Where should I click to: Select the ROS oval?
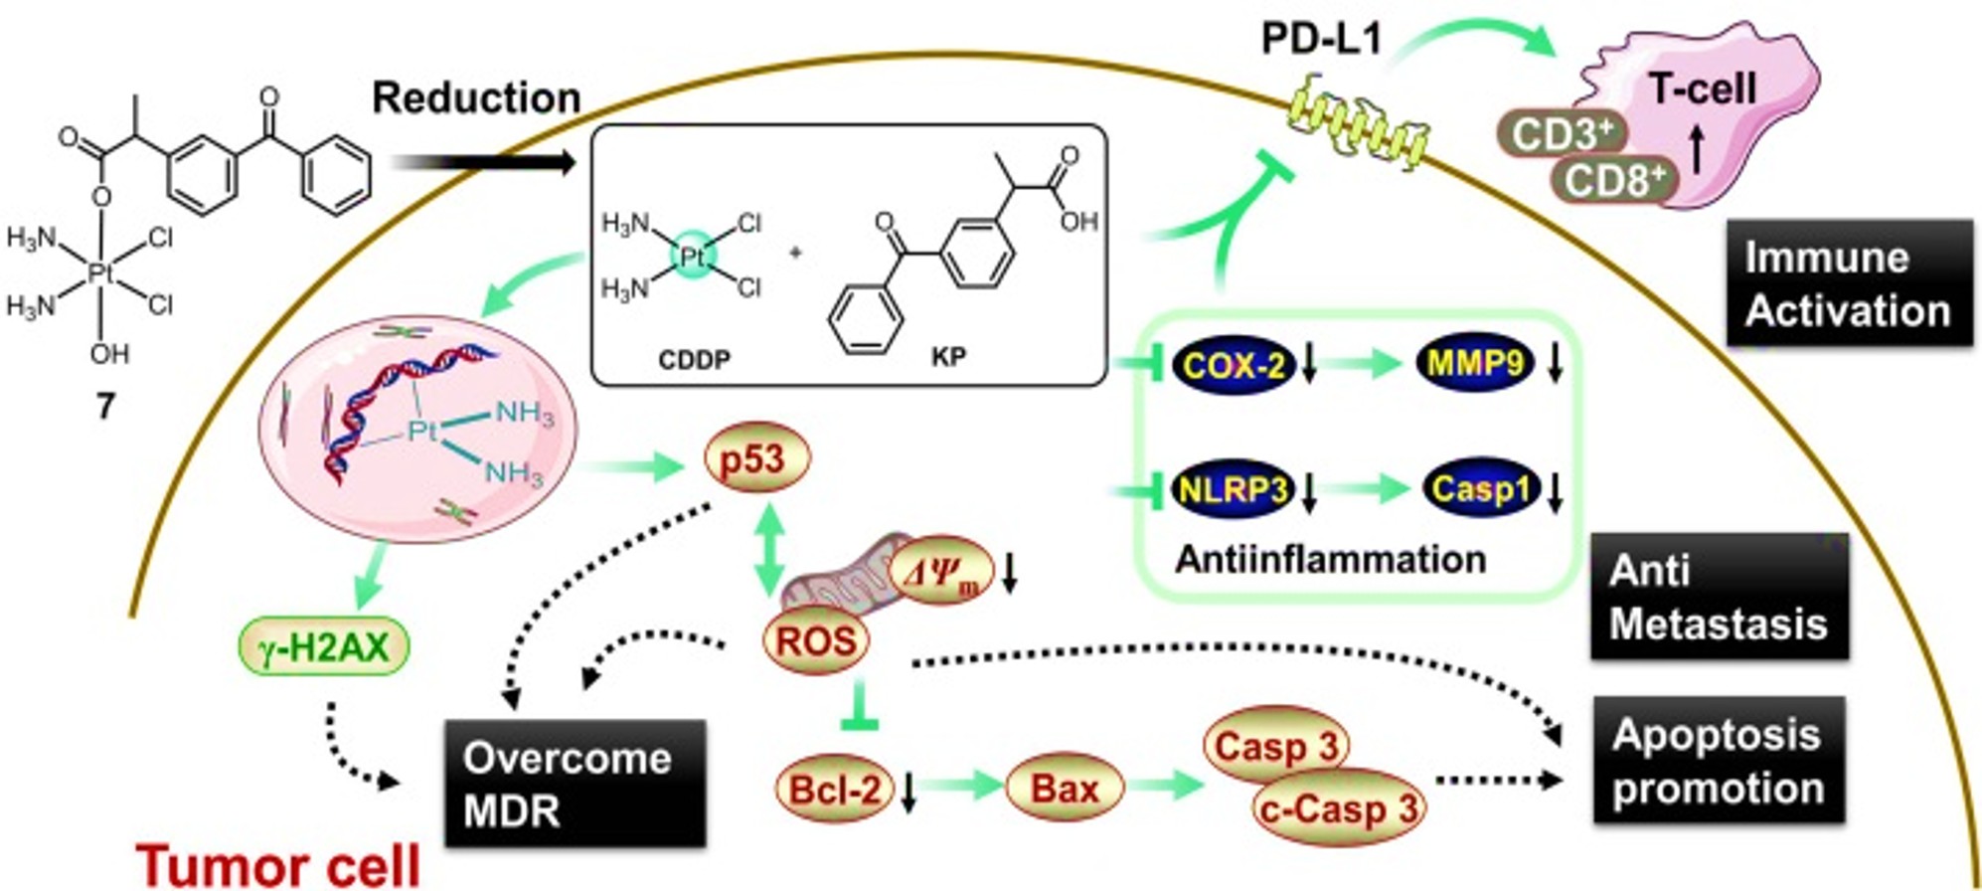click(x=815, y=640)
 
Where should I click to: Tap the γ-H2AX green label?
click(x=324, y=648)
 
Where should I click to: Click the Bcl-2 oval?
click(x=834, y=790)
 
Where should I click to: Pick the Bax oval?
click(x=1065, y=790)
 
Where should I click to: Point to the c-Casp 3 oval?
click(x=1338, y=808)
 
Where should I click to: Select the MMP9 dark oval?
click(x=1475, y=363)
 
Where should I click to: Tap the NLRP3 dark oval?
click(x=1233, y=489)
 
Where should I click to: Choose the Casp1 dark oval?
click(x=1481, y=489)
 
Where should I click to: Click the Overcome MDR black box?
click(x=575, y=785)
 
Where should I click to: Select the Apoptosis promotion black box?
click(x=1719, y=761)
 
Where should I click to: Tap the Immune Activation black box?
click(x=1849, y=283)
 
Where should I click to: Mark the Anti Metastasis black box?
click(x=1720, y=597)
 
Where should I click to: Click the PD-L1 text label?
click(x=1320, y=40)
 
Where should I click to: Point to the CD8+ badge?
click(x=1614, y=180)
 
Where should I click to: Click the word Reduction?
click(x=476, y=97)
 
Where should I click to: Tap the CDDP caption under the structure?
click(x=694, y=359)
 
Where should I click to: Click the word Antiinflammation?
click(x=1330, y=559)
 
